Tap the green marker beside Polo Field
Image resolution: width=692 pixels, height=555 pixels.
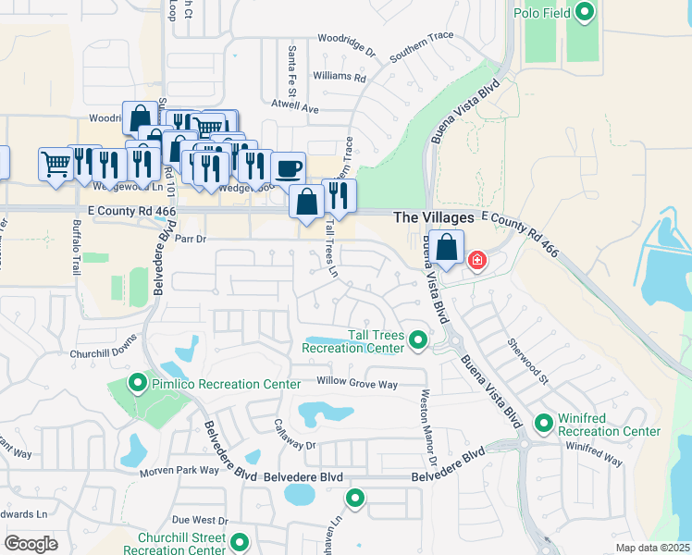(x=584, y=12)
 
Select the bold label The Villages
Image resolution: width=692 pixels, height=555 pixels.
(x=434, y=216)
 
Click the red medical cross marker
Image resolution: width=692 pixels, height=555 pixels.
(x=476, y=261)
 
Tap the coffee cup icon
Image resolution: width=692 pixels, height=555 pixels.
(x=289, y=167)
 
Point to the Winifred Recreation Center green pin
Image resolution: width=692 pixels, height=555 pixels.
(x=543, y=424)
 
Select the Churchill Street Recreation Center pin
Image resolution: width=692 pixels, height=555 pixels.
(x=240, y=543)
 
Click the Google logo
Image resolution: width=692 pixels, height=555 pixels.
(x=31, y=544)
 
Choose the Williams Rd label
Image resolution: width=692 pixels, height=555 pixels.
(x=340, y=76)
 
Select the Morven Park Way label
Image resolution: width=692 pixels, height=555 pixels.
(x=179, y=471)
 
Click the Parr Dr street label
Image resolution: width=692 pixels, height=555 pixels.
(x=188, y=238)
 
